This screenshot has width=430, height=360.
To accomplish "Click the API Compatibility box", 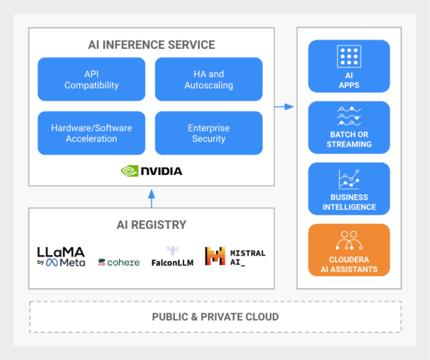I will [x=91, y=79].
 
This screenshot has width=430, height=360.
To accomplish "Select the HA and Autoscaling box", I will [x=208, y=79].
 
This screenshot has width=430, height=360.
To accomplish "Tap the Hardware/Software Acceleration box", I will [x=91, y=133].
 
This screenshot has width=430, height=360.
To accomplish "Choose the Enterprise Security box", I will [x=208, y=133].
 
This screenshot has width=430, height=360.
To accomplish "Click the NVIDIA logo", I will [x=152, y=171].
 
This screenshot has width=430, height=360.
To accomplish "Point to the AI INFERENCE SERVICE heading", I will [x=152, y=45].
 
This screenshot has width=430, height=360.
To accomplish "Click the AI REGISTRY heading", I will [x=152, y=225].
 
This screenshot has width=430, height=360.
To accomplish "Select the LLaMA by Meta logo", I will [x=61, y=257].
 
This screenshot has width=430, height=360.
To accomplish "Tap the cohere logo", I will [x=119, y=262].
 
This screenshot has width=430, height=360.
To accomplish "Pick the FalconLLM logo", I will [x=172, y=257].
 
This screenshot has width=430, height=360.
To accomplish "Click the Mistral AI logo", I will [x=235, y=257].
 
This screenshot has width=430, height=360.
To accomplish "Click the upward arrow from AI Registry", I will [x=152, y=197].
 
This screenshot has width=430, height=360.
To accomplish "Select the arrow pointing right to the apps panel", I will [x=284, y=107].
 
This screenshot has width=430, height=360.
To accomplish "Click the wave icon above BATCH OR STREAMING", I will [x=349, y=116].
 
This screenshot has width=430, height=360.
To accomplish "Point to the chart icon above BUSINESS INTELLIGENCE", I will [x=349, y=178].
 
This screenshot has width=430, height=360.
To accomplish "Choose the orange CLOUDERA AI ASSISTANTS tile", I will [x=349, y=249].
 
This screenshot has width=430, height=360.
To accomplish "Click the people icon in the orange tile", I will [x=349, y=240].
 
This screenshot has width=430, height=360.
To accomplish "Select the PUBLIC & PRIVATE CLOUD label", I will [x=215, y=317].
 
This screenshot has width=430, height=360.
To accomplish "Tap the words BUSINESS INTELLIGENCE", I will [x=349, y=202].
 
